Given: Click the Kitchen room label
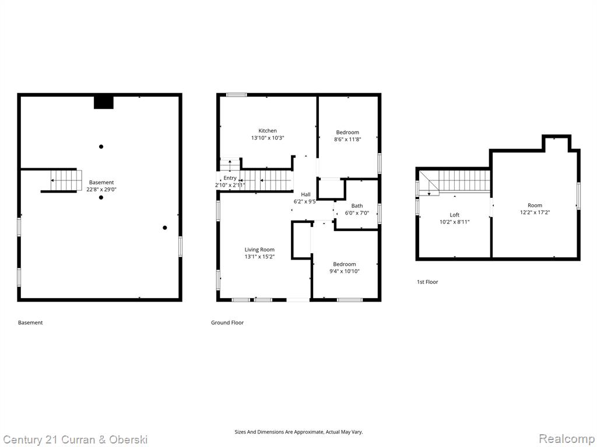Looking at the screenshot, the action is point(267,131).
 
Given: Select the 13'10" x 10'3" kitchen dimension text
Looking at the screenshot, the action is point(267,138).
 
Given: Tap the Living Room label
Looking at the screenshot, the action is point(259,250).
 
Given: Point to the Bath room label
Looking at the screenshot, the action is point(357,205).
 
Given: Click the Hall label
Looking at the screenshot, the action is point(305,194).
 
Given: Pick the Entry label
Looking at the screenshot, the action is point(230,178).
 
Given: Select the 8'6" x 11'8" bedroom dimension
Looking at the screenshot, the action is point(347,140).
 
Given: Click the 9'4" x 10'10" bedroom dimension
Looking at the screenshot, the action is point(344,271).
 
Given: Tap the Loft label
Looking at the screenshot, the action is point(454,215).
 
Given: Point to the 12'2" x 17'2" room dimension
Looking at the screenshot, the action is point(535,212).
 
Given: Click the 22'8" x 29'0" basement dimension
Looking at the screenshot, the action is point(101,189).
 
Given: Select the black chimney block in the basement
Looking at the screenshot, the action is point(104,102).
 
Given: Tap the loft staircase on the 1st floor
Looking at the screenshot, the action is point(454,182).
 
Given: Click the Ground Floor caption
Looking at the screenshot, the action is point(227,322).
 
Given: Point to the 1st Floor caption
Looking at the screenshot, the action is point(427,282).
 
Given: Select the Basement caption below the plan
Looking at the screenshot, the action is point(30,322).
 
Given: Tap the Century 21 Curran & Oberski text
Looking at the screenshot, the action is point(75,440).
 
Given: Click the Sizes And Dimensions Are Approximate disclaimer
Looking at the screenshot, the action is point(298,432).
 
